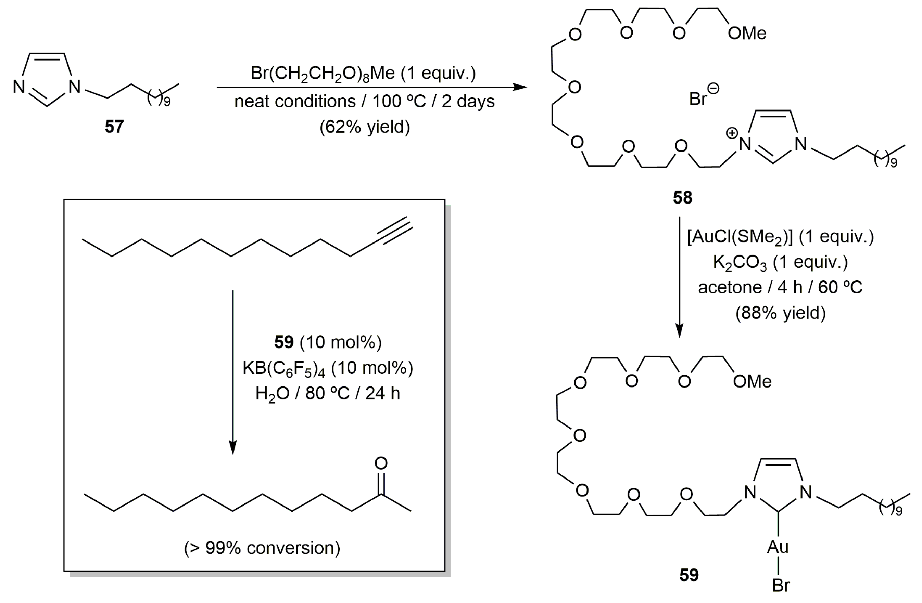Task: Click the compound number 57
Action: (114, 127)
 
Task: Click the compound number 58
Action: (682, 198)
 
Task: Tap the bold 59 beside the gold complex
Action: (689, 575)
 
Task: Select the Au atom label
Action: (778, 547)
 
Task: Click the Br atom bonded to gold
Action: (781, 585)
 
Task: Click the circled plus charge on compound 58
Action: (731, 133)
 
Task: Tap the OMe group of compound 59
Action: (752, 382)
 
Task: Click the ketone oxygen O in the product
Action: (381, 463)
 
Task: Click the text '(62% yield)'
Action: (365, 127)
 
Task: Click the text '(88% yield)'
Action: (780, 313)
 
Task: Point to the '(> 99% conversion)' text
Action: (262, 548)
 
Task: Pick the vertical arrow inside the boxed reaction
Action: (233, 371)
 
